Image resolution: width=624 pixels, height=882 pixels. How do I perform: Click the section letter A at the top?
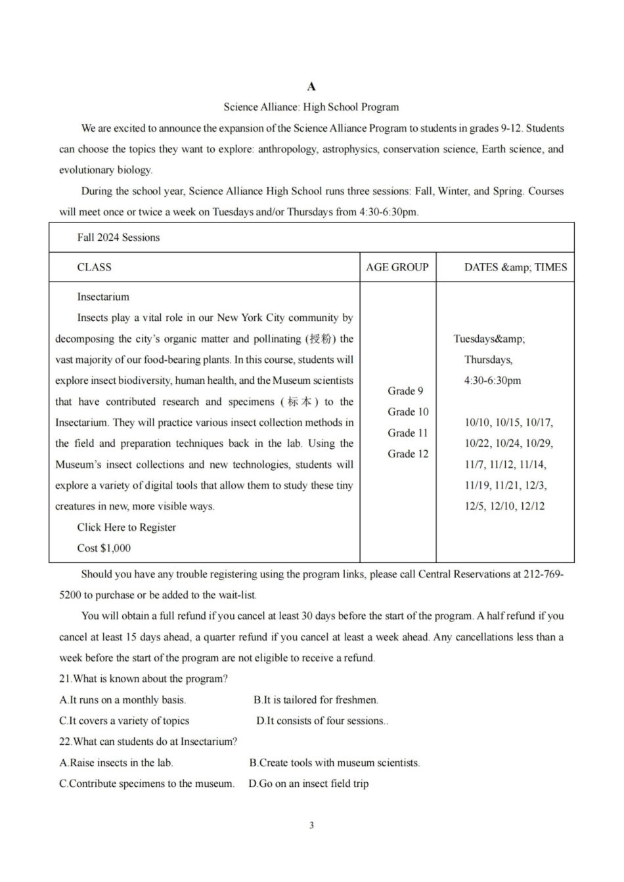point(311,87)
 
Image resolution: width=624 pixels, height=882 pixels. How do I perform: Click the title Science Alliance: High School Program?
point(311,107)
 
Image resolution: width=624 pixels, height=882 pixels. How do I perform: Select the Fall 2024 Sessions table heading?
point(118,238)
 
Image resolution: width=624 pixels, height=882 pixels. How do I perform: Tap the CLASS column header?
point(94,267)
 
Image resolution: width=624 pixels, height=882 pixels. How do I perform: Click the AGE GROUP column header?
point(397,267)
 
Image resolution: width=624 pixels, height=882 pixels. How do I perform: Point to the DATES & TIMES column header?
point(515,267)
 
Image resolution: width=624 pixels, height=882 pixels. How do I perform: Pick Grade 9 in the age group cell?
point(405,391)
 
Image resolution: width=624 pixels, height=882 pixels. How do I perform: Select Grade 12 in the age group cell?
point(407,454)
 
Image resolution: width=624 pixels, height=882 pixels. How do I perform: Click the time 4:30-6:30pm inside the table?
point(492,381)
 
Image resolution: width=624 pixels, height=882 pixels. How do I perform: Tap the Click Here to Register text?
point(126,528)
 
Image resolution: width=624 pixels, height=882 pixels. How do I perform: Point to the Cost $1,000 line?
point(104,549)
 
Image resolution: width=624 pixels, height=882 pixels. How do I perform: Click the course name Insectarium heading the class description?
point(103,297)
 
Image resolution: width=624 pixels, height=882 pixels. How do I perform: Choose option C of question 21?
point(124,721)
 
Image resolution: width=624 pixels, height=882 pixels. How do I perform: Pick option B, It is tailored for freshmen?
point(316,700)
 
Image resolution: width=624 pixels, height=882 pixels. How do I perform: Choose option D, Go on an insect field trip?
point(308,784)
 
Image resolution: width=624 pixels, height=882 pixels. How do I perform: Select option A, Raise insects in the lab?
point(116,763)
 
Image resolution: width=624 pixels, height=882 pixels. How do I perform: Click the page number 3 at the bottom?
point(311,826)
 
